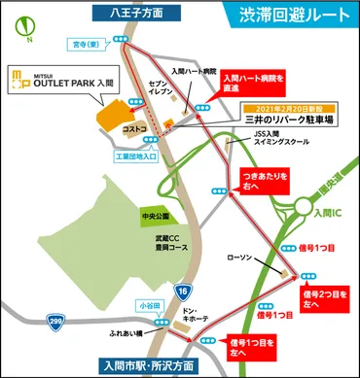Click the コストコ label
[x=136, y=128]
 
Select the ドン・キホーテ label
[x=171, y=317]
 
